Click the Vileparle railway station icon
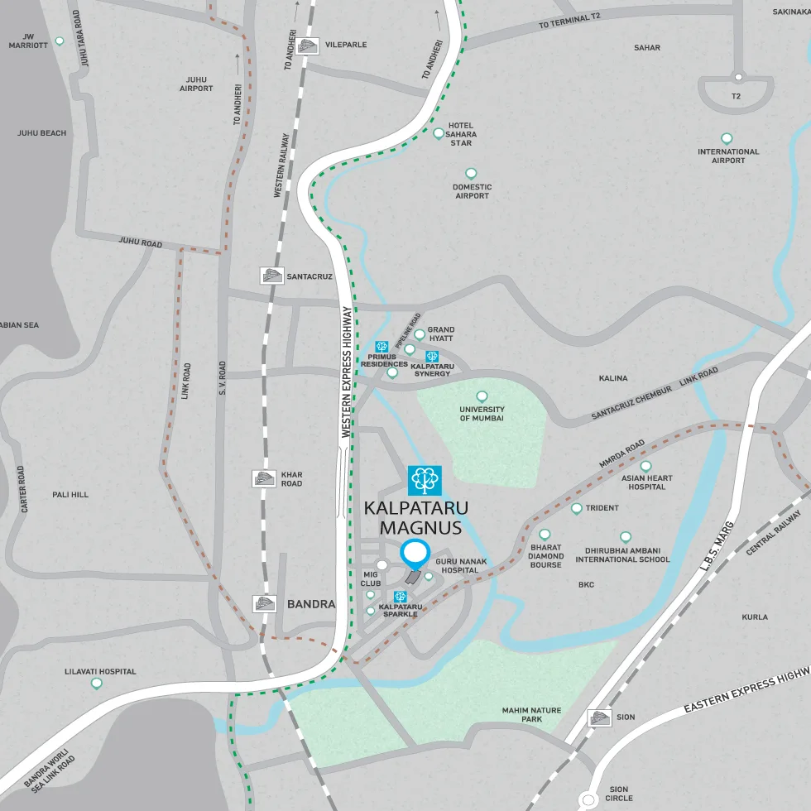(308, 46)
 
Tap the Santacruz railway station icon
(271, 276)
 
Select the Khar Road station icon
(264, 478)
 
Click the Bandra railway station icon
(264, 604)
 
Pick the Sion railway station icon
(598, 717)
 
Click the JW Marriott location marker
(60, 41)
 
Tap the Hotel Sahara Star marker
(439, 132)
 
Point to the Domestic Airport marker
(471, 174)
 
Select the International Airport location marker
(727, 138)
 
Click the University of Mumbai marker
(482, 396)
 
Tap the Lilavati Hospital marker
(97, 684)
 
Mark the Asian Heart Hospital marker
(645, 467)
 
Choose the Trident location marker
(577, 508)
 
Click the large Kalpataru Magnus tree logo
(425, 480)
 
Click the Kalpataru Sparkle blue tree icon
(401, 597)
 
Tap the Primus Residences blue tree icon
(382, 347)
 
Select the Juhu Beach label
(41, 132)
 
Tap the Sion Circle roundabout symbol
(588, 799)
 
